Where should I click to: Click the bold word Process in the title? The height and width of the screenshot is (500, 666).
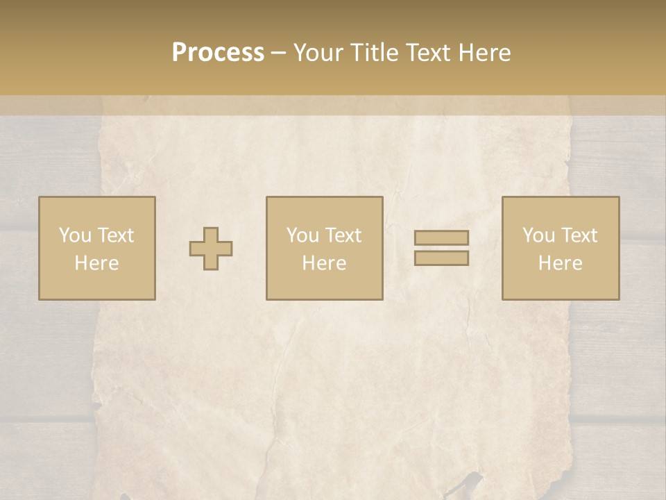tap(218, 53)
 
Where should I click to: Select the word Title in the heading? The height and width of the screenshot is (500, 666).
tap(375, 53)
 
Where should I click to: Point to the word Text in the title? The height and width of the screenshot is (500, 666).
tap(429, 53)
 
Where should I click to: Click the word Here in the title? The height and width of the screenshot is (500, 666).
tap(485, 53)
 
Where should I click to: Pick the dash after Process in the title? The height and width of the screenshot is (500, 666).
tap(278, 54)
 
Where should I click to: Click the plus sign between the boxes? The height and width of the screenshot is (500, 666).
tap(211, 248)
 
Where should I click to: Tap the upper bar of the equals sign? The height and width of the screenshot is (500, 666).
tap(441, 237)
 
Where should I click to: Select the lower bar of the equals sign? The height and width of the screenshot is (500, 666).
tap(441, 258)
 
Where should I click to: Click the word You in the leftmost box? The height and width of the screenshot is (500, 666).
tap(75, 235)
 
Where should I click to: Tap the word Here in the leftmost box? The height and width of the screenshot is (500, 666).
tap(96, 263)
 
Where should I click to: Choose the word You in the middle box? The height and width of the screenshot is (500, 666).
tap(302, 235)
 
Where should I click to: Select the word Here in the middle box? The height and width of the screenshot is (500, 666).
tap(324, 263)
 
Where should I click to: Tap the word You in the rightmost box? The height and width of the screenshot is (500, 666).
tap(538, 235)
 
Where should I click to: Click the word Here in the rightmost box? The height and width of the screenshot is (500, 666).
tap(560, 263)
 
